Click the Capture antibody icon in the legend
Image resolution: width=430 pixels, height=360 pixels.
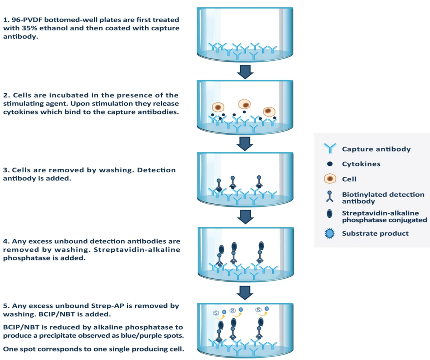point(329,149)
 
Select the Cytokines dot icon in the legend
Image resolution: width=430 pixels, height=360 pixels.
point(329,164)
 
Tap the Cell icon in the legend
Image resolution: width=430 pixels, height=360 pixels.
point(329,179)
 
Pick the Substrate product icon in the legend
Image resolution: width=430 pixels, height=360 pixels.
point(329,233)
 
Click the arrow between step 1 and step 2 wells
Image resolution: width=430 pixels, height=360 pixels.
point(245,72)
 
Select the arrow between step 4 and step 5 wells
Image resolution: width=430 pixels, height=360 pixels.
point(245,292)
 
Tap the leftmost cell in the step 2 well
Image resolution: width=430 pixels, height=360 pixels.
point(219,108)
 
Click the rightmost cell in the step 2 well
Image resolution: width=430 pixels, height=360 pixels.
point(269,111)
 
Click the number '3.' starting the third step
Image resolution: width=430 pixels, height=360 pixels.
point(6,170)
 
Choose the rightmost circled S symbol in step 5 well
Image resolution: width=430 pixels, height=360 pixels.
point(259,310)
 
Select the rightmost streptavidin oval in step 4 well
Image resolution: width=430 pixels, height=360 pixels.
point(261,246)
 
